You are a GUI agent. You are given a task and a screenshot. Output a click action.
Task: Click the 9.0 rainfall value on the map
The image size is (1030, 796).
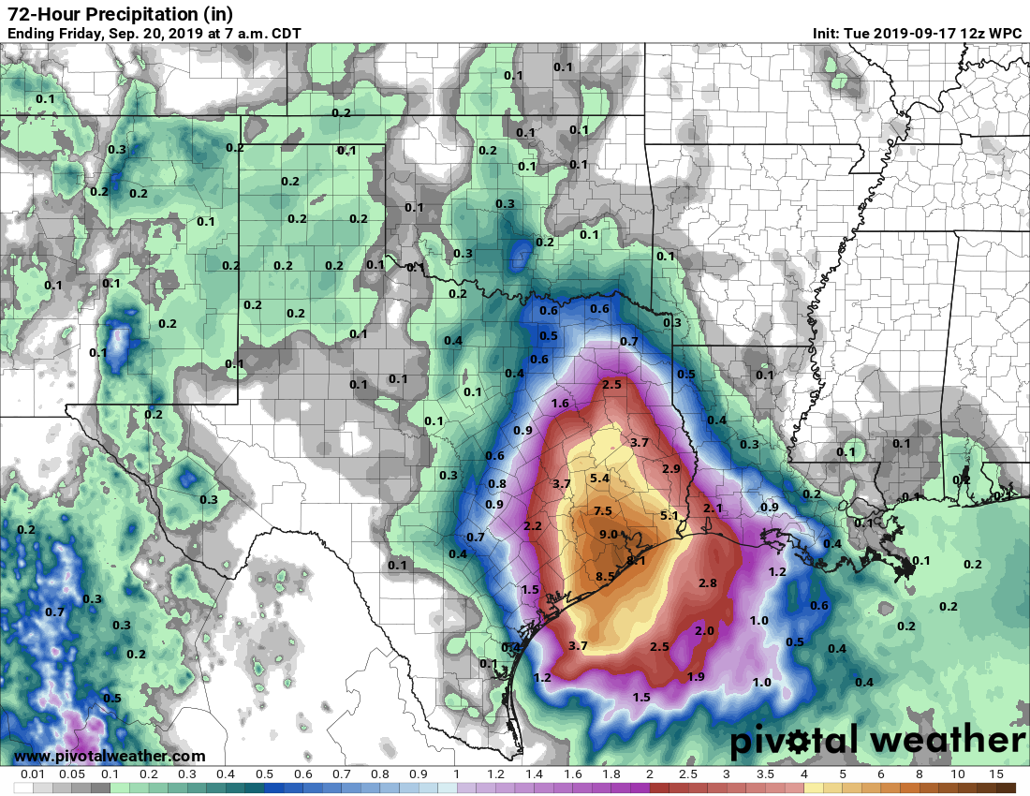[x=610, y=535]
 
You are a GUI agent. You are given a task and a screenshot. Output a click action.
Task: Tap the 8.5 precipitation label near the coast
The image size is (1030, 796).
[x=605, y=576]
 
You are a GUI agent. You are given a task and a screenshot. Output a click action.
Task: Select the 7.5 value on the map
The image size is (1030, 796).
[x=603, y=510]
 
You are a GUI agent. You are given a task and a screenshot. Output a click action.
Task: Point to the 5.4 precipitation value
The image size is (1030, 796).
[x=599, y=479]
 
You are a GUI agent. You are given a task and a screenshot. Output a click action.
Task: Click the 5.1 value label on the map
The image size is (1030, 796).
[x=669, y=515]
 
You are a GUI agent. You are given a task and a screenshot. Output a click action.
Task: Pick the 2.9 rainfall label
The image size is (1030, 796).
[x=671, y=468]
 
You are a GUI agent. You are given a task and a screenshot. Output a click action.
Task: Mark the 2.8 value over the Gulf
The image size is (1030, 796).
[x=708, y=582]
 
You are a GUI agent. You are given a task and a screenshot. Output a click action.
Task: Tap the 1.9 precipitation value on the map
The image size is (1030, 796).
[x=696, y=676]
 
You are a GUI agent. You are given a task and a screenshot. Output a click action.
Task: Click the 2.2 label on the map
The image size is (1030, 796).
[x=533, y=526]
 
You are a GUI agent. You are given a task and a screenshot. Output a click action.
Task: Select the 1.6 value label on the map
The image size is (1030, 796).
[x=560, y=403]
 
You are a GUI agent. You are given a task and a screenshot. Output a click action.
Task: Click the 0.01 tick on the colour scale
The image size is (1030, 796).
[x=33, y=774]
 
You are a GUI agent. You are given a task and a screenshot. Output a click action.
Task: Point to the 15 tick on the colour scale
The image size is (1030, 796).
[x=997, y=774]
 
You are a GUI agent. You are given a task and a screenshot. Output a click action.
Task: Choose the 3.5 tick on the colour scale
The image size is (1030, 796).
[x=766, y=774]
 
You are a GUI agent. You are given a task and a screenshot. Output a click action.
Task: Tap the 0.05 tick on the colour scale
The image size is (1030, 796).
[x=71, y=774]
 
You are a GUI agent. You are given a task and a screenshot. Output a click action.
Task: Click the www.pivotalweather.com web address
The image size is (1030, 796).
[x=110, y=756]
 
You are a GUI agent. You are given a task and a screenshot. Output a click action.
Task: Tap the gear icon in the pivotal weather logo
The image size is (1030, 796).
[x=798, y=742]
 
